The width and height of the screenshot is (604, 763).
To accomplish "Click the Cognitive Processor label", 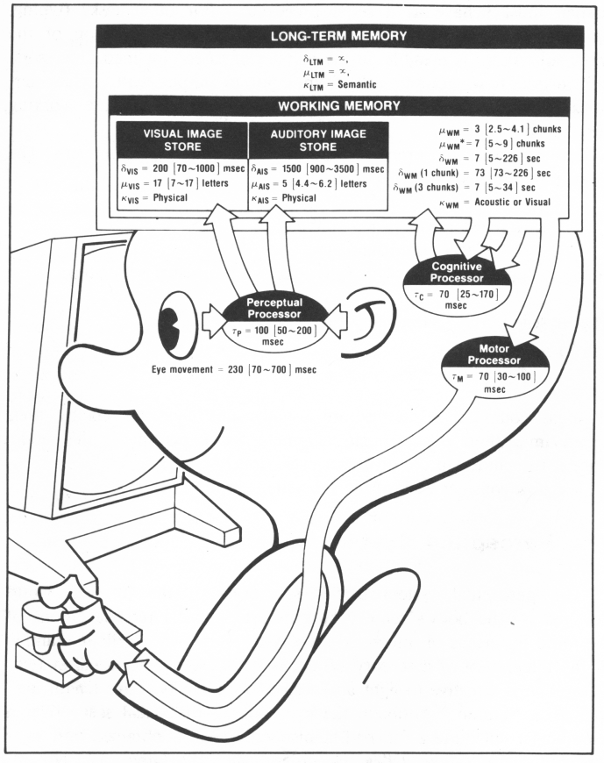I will [443, 271].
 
